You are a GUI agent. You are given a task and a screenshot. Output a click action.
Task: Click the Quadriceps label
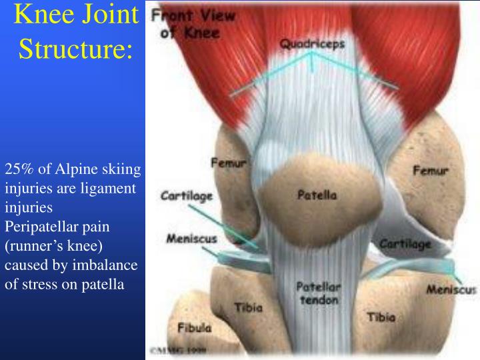[x=311, y=44]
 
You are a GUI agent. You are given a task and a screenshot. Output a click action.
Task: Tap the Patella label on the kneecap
[x=317, y=195]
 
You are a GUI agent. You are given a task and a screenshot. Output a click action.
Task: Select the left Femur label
[x=229, y=162]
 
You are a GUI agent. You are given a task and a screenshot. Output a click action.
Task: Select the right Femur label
[x=431, y=171]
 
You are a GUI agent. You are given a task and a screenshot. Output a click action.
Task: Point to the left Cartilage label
[x=186, y=196]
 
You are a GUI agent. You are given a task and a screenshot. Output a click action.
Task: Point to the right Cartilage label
[x=405, y=245]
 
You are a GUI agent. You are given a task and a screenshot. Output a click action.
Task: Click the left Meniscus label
[x=186, y=239]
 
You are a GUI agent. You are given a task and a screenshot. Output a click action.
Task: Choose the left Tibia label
[x=248, y=308]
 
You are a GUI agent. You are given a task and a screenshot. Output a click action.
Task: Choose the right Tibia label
[x=381, y=317]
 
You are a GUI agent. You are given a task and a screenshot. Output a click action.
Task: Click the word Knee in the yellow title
[x=41, y=15]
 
